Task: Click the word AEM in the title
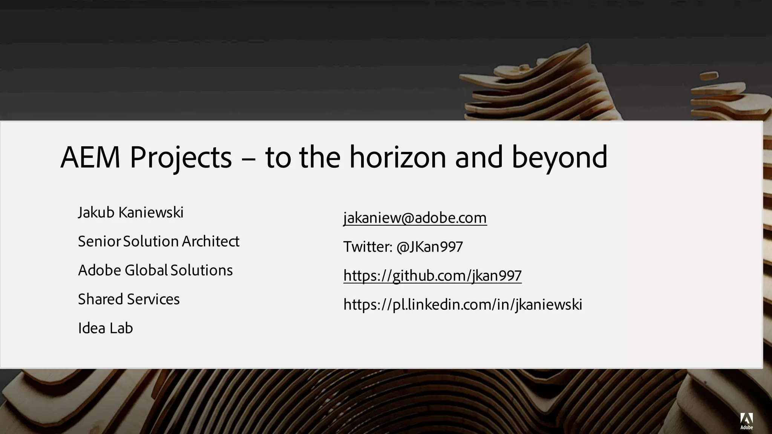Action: [x=90, y=157]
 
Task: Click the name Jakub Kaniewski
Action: [x=130, y=212]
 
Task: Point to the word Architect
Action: [x=210, y=241]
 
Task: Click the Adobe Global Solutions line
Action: [x=155, y=270]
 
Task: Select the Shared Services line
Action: [x=129, y=300]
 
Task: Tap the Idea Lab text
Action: [x=105, y=328]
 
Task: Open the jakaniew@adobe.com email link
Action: [x=415, y=218]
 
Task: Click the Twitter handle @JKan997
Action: [x=429, y=247]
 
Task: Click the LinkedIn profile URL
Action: [x=463, y=305]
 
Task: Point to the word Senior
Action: [x=100, y=241]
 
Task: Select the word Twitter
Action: [x=368, y=247]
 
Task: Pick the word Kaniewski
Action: [x=151, y=212]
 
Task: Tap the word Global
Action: [x=146, y=270]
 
